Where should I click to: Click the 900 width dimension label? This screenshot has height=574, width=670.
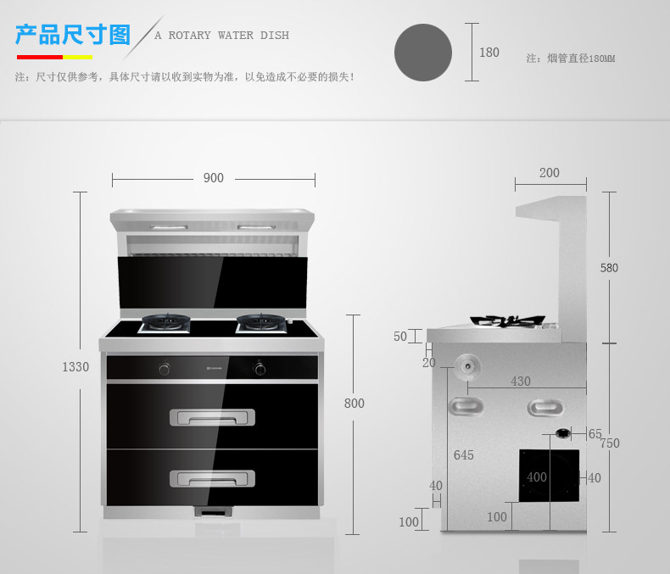point(213,178)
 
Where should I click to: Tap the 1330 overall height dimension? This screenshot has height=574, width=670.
point(75,367)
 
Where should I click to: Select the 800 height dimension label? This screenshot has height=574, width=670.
point(355,404)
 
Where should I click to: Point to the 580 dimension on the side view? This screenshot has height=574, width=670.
point(609,268)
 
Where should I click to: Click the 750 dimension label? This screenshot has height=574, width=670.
point(610,443)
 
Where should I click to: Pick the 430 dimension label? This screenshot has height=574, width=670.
point(521,382)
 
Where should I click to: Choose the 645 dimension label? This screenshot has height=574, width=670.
point(464,455)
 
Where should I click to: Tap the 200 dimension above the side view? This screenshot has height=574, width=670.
point(549,173)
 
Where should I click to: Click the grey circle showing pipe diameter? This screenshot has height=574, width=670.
point(423,53)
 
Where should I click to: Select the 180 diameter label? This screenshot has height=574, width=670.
point(489,53)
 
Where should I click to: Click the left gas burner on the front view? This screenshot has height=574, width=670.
point(165,323)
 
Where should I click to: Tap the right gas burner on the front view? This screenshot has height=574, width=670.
point(261,323)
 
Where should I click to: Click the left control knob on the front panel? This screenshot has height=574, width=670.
point(165,368)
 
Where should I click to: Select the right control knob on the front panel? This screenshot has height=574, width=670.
point(260,368)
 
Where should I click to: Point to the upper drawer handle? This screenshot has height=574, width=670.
point(212,417)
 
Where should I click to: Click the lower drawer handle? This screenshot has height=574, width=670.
point(212,479)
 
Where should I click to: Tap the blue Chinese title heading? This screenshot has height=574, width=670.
point(73,35)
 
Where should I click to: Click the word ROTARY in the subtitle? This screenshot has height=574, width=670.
point(190,36)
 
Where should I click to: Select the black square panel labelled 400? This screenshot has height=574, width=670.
point(549,476)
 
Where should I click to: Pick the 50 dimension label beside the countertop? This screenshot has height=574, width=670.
point(400,337)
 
